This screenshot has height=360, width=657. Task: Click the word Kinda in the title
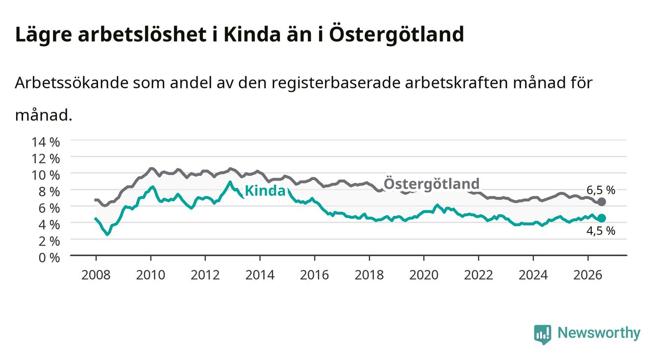pyautogui.click(x=252, y=34)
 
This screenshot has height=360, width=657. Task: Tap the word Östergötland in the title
pyautogui.click(x=397, y=34)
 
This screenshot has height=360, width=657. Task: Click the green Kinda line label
pyautogui.click(x=265, y=191)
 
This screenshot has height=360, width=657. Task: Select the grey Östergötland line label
pyautogui.click(x=431, y=183)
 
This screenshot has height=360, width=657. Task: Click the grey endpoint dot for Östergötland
pyautogui.click(x=602, y=202)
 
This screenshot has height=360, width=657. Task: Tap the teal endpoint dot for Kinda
pyautogui.click(x=602, y=218)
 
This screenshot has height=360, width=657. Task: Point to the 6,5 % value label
pyautogui.click(x=601, y=190)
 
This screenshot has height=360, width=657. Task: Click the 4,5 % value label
pyautogui.click(x=601, y=231)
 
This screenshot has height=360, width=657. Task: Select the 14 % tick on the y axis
pyautogui.click(x=46, y=142)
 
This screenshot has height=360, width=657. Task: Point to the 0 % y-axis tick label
pyautogui.click(x=49, y=257)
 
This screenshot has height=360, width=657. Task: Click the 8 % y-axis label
pyautogui.click(x=49, y=192)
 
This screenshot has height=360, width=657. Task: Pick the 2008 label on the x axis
pyautogui.click(x=96, y=275)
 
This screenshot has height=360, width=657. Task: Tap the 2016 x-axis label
pyautogui.click(x=314, y=275)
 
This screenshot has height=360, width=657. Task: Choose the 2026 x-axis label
pyautogui.click(x=588, y=275)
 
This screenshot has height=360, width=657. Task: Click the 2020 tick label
pyautogui.click(x=424, y=275)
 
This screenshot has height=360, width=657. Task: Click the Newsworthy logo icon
pyautogui.click(x=543, y=334)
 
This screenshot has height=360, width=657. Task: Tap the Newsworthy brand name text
pyautogui.click(x=599, y=333)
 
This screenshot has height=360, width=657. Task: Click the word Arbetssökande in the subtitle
pyautogui.click(x=72, y=83)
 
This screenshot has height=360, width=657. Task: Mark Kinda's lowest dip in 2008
pyautogui.click(x=107, y=234)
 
